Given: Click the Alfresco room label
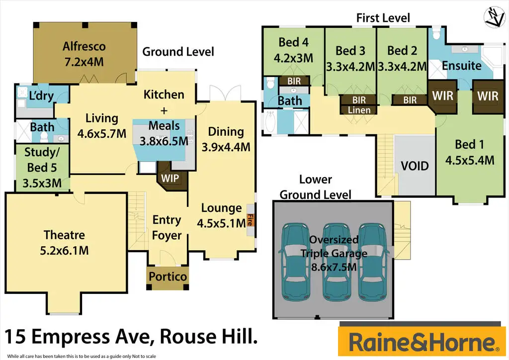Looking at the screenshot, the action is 84,47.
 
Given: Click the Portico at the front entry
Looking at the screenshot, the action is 169,276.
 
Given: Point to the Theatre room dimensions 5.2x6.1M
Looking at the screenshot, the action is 64,250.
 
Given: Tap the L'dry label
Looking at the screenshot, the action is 41,96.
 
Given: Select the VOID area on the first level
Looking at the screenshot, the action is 415,165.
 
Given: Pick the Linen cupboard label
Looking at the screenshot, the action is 358,110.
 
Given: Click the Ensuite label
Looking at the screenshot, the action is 461,66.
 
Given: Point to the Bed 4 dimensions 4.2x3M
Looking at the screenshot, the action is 293,58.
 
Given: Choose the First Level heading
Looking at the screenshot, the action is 383,18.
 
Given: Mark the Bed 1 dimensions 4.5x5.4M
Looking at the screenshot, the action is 469,160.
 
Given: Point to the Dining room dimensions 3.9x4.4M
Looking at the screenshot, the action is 226,147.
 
